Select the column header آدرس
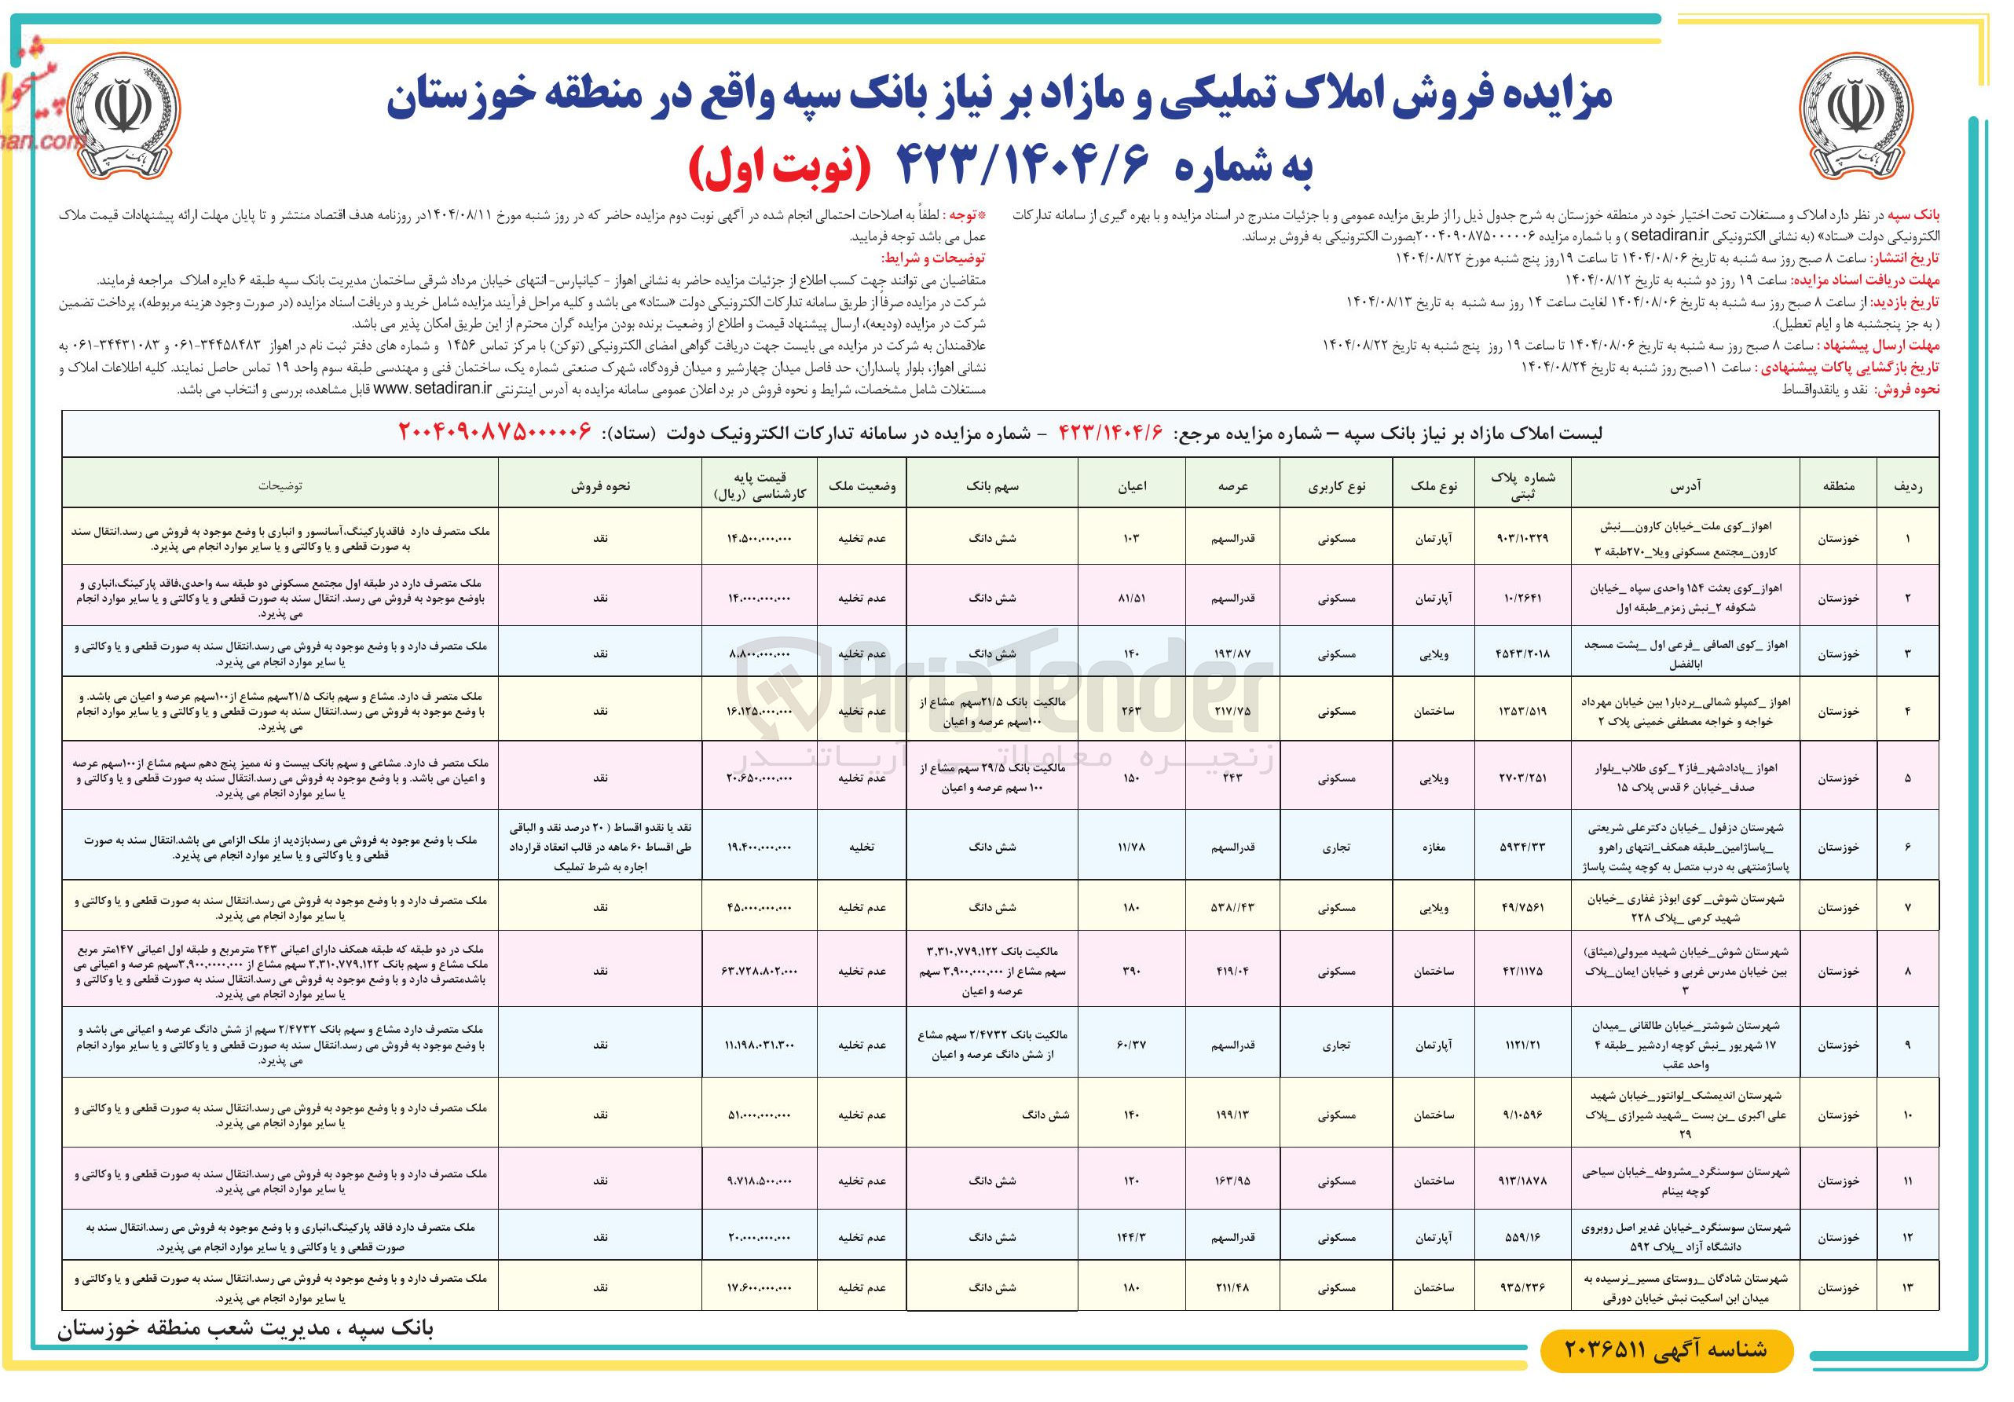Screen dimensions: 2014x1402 tap(1685, 485)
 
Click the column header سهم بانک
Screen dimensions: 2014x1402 tap(992, 485)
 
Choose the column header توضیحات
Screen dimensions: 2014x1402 tap(280, 485)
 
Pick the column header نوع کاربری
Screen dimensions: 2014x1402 tap(1336, 485)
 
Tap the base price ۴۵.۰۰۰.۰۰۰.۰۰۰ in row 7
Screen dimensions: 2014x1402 tap(760, 907)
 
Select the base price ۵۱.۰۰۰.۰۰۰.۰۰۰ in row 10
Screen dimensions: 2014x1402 tap(760, 1115)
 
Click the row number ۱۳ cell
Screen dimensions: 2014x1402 tap(1908, 1288)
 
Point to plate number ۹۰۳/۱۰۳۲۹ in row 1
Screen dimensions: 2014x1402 tap(1523, 538)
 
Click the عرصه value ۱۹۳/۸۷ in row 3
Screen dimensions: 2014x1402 tap(1232, 653)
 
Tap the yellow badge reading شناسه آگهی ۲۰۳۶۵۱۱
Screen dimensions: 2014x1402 tap(1666, 1349)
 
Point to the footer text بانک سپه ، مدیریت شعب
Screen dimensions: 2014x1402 tap(246, 1329)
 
